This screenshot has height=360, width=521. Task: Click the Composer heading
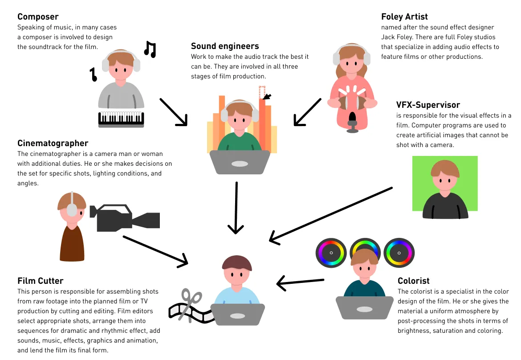click(x=38, y=17)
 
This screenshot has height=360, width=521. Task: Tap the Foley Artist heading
click(x=404, y=17)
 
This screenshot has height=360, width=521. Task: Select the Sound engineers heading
click(x=225, y=46)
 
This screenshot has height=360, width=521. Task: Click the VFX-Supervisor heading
click(x=428, y=105)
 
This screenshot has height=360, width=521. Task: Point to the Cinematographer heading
click(x=53, y=143)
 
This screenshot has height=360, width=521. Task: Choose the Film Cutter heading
click(x=40, y=281)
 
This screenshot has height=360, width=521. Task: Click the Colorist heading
click(x=413, y=281)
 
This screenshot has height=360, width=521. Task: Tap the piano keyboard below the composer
click(x=121, y=119)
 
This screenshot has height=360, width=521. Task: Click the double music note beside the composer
click(x=150, y=49)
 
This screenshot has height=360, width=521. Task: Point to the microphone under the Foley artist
click(x=353, y=122)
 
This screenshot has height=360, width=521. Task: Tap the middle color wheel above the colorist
click(x=365, y=253)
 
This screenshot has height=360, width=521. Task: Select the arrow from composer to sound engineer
click(x=173, y=112)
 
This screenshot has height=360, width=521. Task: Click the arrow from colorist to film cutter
click(x=300, y=282)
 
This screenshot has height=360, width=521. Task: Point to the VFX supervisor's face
click(x=445, y=180)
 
